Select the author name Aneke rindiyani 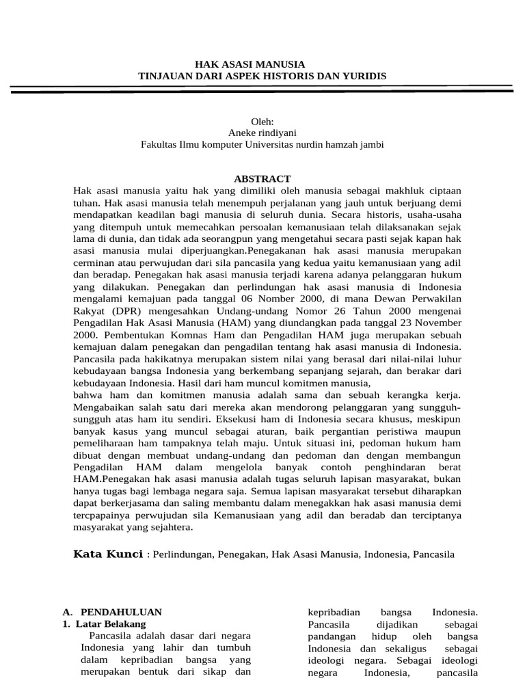[262, 133]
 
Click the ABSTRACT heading [262, 178]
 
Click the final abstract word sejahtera [170, 527]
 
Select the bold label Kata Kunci [108, 554]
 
